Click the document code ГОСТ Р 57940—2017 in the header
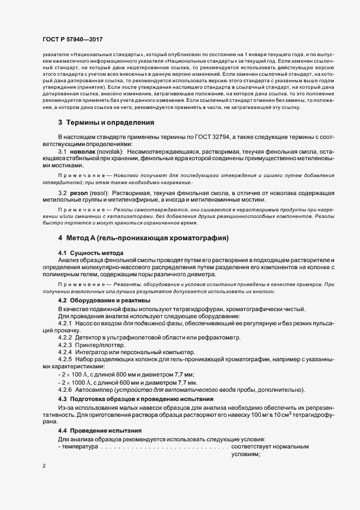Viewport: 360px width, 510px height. tap(72, 39)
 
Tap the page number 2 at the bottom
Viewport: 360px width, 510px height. tap(44, 466)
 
